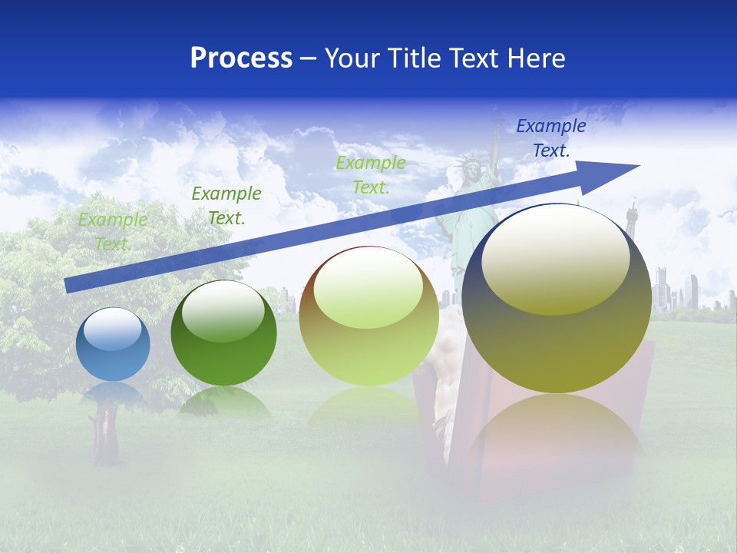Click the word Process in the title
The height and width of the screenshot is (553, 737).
[x=241, y=58]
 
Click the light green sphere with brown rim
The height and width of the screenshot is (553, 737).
[x=368, y=316]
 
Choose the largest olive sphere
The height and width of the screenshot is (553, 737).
[x=557, y=299]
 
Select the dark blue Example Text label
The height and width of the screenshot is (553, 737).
[x=550, y=138]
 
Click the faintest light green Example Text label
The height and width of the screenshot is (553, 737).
[x=113, y=232]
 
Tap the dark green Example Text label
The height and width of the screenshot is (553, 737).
[x=226, y=205]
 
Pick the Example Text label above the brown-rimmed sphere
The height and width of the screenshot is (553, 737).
[x=371, y=174]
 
